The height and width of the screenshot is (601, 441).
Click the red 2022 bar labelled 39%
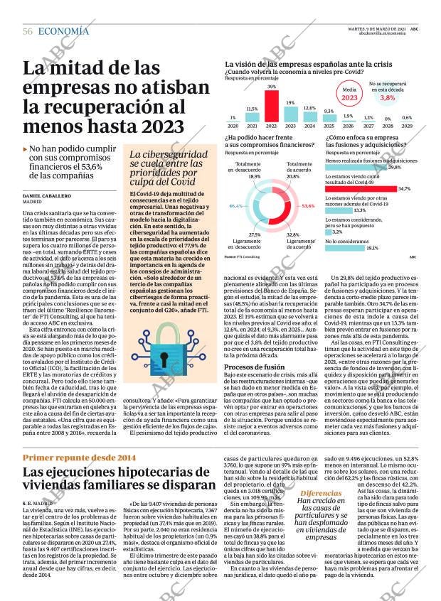click(x=271, y=106)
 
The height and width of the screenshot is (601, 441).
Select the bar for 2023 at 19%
click(x=290, y=114)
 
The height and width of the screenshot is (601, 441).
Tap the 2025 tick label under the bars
click(x=329, y=126)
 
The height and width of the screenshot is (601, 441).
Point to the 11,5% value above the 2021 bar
click(x=252, y=109)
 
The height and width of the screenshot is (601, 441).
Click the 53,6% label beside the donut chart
click(x=308, y=206)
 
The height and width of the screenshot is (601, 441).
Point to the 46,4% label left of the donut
click(x=236, y=206)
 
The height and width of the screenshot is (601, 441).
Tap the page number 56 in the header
click(x=28, y=31)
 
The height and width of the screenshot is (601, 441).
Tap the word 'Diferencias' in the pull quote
click(x=319, y=533)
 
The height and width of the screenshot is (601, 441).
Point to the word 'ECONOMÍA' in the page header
click(x=63, y=31)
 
